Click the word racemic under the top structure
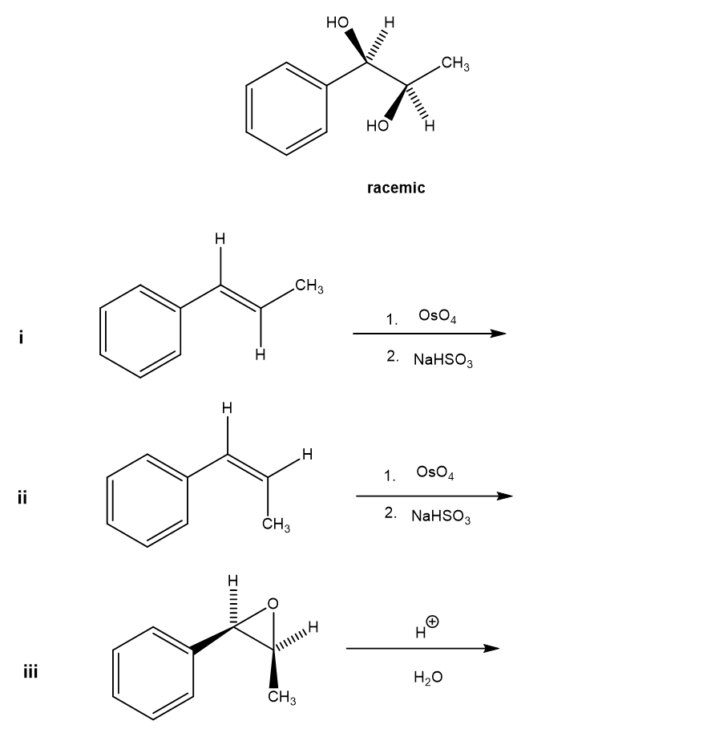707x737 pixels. tap(396, 188)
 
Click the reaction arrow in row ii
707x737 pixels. tap(434, 496)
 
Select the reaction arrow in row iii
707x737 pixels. tap(417, 650)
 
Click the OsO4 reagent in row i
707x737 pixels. tap(437, 316)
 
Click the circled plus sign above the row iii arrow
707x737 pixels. tap(432, 621)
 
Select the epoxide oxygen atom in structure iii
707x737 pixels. tap(273, 603)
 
